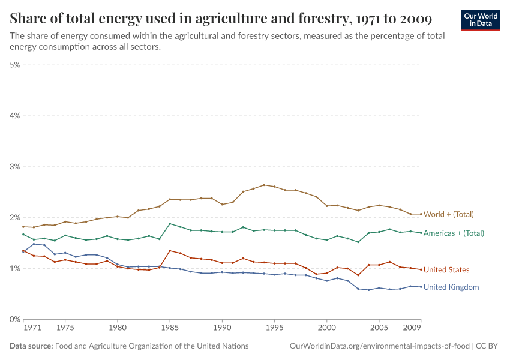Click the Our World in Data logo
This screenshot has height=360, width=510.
point(480,20)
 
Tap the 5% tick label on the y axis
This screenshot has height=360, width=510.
point(14,65)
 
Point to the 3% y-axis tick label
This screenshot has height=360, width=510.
point(14,167)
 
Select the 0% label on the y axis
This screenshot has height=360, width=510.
point(14,319)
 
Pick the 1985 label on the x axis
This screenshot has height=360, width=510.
point(170,328)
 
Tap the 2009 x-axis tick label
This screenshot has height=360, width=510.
point(412,328)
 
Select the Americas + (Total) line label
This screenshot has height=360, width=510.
point(454,233)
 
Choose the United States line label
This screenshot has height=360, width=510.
point(446,270)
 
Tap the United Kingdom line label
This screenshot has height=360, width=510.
point(451,287)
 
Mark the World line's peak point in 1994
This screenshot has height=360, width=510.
point(264,185)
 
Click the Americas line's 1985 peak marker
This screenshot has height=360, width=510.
point(170,224)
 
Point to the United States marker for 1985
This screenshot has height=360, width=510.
point(170,250)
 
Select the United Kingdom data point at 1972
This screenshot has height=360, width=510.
point(34,244)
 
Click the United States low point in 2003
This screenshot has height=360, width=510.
point(358,275)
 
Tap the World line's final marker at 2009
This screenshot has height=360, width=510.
point(421,214)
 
